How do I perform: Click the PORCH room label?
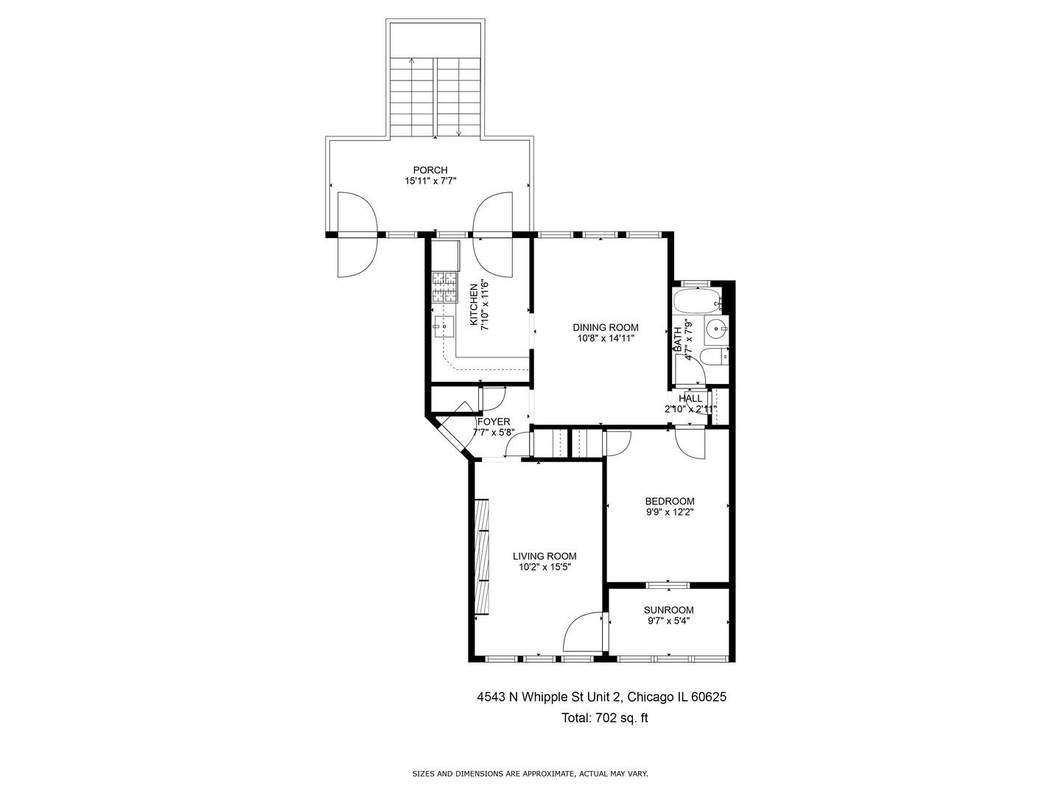click(430, 170)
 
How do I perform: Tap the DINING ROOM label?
click(605, 328)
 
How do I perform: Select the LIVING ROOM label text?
click(544, 556)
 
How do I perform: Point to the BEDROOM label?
click(670, 501)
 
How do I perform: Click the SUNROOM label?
click(668, 610)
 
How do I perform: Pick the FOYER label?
click(494, 422)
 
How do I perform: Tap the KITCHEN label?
click(474, 304)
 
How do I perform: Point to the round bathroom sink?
click(716, 329)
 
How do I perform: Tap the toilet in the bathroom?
click(714, 357)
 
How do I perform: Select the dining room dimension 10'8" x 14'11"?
click(605, 338)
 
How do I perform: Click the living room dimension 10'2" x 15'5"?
click(544, 568)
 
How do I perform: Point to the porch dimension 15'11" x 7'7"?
click(430, 181)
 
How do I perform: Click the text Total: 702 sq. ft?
click(604, 718)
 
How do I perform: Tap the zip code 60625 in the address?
click(709, 697)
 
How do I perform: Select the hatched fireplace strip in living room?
click(481, 556)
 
